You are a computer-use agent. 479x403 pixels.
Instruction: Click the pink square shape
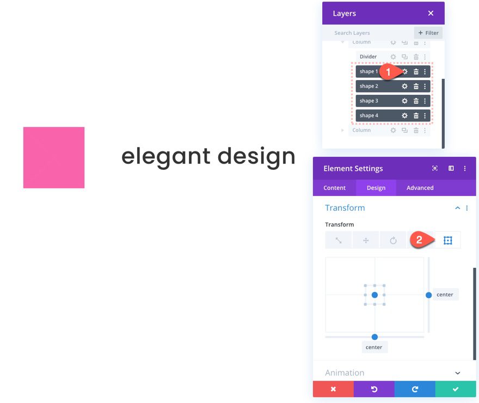click(54, 157)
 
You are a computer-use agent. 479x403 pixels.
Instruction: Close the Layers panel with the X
click(431, 13)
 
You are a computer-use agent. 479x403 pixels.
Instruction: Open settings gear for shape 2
click(404, 86)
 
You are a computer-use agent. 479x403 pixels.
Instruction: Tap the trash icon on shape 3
click(416, 101)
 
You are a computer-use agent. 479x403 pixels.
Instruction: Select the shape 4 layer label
click(369, 115)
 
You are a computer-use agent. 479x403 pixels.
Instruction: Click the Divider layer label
click(368, 57)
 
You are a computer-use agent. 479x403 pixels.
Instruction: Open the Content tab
click(334, 188)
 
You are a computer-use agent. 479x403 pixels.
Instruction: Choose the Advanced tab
click(420, 188)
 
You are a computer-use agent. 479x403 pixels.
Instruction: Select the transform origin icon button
click(447, 240)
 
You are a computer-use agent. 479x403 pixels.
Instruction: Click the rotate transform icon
click(393, 240)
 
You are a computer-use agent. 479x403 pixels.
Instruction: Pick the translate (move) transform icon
click(366, 240)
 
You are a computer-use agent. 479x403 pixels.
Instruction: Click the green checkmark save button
click(456, 389)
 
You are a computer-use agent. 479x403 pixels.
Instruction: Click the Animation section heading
click(345, 373)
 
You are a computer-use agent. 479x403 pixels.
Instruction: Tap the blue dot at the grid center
click(374, 295)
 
